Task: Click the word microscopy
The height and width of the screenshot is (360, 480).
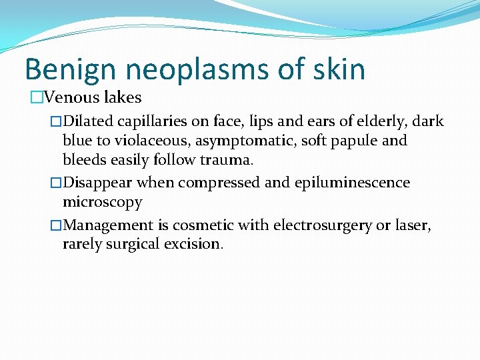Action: pos(102,202)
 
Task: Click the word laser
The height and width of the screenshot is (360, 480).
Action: pos(413,225)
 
